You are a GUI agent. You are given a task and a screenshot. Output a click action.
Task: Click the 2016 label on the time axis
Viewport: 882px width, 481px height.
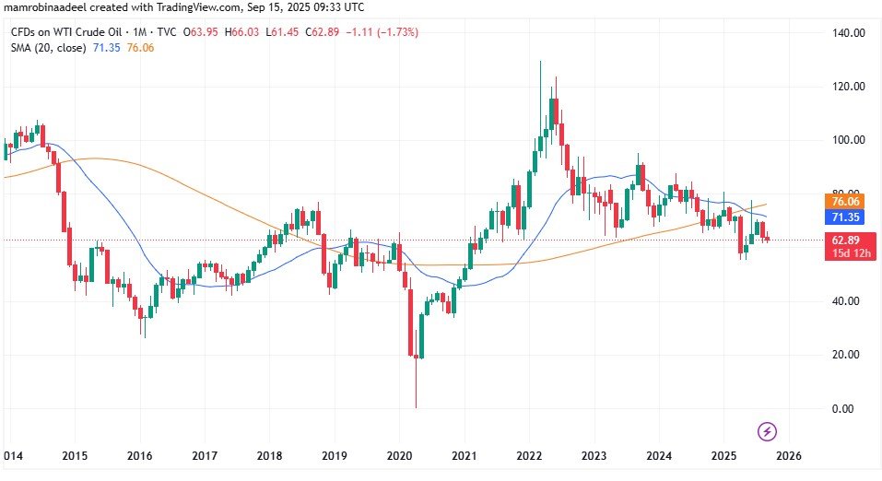(x=139, y=455)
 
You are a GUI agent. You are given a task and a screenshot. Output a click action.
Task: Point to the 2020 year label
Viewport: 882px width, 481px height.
(x=399, y=455)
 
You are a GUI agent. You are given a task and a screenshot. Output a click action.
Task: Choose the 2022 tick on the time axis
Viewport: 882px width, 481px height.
(x=528, y=455)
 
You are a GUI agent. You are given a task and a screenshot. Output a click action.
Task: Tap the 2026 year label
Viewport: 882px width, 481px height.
(x=788, y=455)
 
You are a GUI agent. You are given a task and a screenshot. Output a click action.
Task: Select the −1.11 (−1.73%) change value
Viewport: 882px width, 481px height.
(x=380, y=32)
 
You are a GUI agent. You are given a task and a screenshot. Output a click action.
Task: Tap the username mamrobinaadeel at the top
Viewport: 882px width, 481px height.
(x=46, y=8)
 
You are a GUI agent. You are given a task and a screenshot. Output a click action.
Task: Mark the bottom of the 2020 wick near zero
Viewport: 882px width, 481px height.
(x=416, y=407)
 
